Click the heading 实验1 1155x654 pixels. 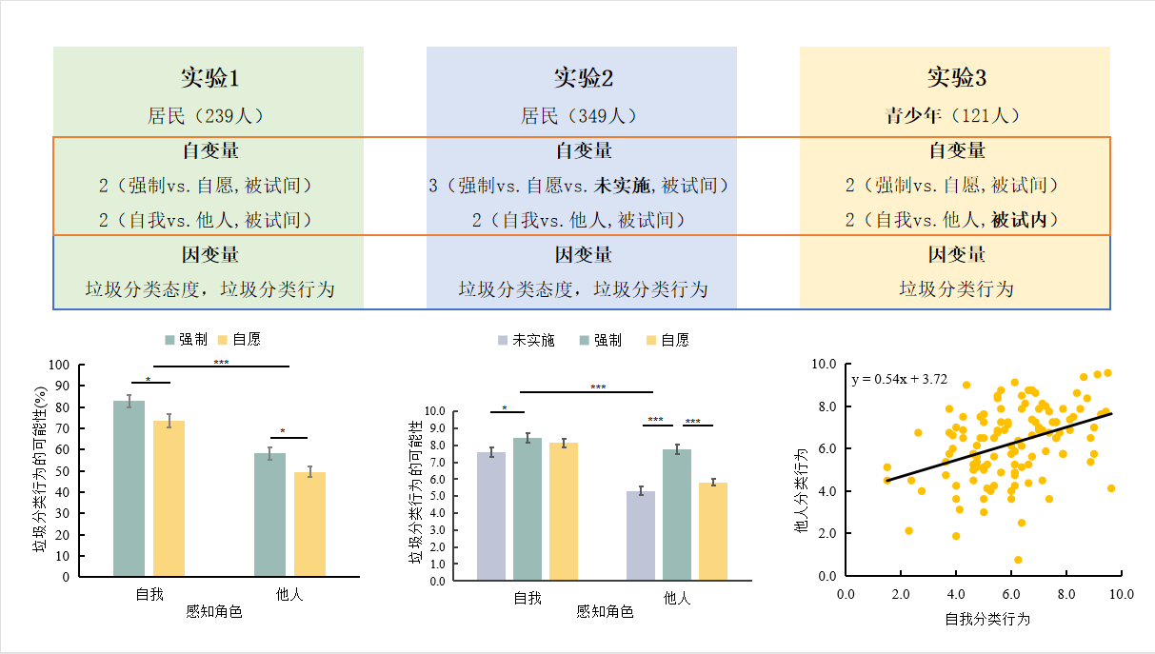[209, 77]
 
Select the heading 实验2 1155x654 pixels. [583, 77]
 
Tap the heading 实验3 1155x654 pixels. [956, 77]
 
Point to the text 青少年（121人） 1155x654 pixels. [952, 116]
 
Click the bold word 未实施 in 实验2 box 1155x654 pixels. [623, 185]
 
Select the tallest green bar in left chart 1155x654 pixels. [129, 488]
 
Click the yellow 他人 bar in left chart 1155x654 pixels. [309, 524]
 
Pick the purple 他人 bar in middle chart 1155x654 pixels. [641, 536]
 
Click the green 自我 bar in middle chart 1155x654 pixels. [528, 509]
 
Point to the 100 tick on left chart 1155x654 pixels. [60, 365]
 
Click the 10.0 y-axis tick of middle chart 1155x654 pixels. [433, 412]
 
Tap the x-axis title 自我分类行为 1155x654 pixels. [987, 619]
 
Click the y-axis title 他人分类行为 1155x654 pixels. [802, 490]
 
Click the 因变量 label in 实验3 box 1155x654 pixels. [956, 254]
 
